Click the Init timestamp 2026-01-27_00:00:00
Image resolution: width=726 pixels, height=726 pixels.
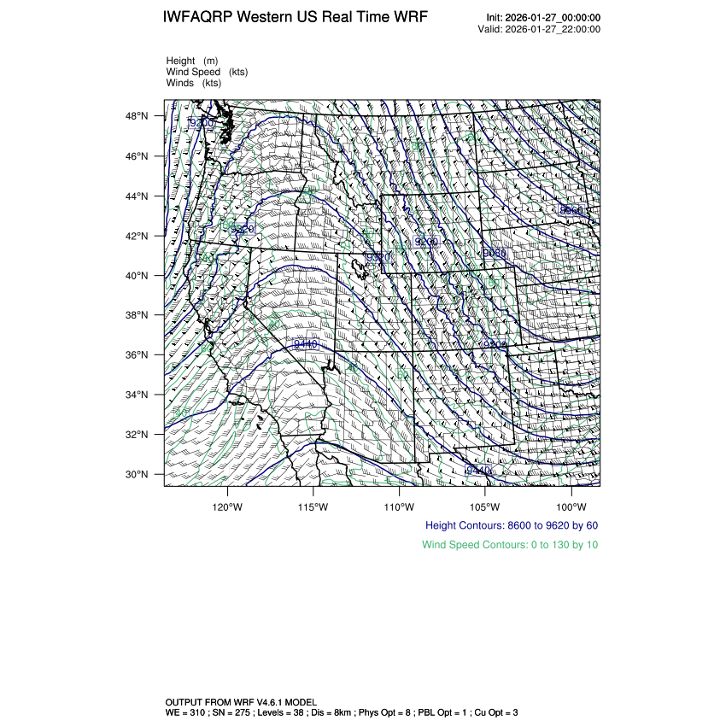coord(553,18)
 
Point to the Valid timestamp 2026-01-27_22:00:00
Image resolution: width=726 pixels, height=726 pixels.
coord(553,29)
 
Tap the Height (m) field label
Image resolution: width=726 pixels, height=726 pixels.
coord(192,61)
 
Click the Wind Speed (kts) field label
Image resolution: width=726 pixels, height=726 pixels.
coord(207,72)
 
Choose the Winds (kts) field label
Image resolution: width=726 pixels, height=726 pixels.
coord(194,83)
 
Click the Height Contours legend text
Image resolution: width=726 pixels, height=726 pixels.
coord(511,525)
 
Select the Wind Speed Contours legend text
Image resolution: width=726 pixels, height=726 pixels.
coord(510,544)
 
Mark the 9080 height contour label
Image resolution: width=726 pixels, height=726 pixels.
coord(495,254)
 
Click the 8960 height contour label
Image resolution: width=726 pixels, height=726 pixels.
coord(571,210)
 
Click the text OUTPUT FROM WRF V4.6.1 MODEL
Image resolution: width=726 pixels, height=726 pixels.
coord(240,702)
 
